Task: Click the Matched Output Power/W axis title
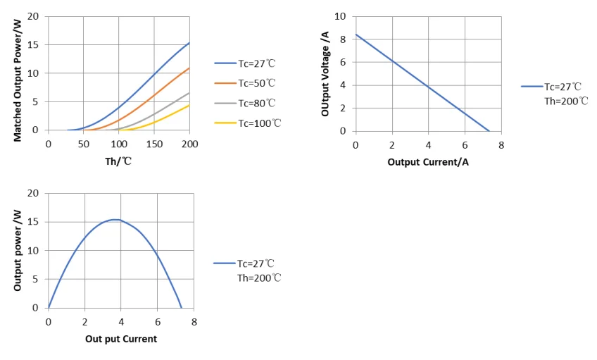(x=18, y=79)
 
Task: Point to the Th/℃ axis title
(x=118, y=161)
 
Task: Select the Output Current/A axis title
(x=428, y=162)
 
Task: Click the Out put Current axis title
(x=120, y=339)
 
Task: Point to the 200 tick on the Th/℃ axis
(x=189, y=144)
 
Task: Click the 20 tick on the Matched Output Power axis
(x=33, y=15)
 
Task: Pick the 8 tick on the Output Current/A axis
(x=501, y=145)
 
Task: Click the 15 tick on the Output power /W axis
(x=33, y=222)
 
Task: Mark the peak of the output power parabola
(x=117, y=220)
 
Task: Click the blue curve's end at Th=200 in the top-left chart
(x=189, y=42)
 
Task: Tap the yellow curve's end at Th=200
(x=189, y=105)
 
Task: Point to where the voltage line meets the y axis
(x=356, y=34)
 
